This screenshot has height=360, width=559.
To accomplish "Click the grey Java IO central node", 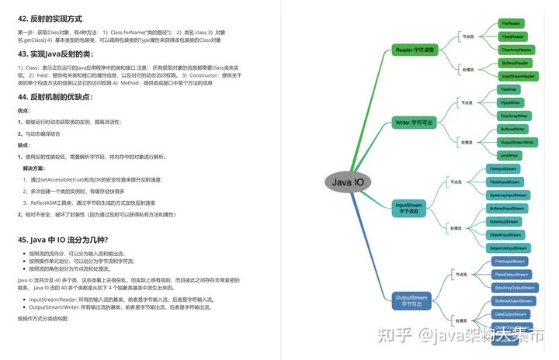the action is click(348, 183).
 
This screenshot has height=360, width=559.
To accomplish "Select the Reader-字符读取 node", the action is click(416, 50).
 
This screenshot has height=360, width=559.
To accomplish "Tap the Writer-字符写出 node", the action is click(415, 122).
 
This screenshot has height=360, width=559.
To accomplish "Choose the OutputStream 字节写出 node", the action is click(411, 300).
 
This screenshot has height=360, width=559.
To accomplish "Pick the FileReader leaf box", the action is click(512, 24).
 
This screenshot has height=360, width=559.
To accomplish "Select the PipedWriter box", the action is click(510, 102).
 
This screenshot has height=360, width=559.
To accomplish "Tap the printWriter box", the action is click(510, 155).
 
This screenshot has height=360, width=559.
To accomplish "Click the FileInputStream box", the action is click(504, 168).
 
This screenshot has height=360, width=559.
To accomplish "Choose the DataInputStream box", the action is click(504, 221).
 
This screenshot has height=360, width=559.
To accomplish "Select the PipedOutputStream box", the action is click(512, 274).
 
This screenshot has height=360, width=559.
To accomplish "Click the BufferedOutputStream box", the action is click(512, 300).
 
